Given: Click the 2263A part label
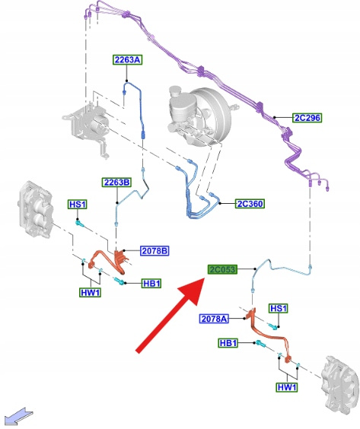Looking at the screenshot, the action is tap(128, 59).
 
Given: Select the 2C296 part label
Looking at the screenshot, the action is tap(307, 118).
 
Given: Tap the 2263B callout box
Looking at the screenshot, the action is tap(116, 183).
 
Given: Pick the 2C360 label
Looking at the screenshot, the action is tap(250, 204).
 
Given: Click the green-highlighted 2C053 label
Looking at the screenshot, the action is tap(222, 269).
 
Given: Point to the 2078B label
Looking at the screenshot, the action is tap(155, 250).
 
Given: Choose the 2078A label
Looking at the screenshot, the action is tap(214, 319).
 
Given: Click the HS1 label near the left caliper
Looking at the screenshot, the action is tap(78, 205).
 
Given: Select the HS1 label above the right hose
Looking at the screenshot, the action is tap(279, 309).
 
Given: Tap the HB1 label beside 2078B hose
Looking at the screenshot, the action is tap(151, 284).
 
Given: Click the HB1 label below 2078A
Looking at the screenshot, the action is tap(228, 343).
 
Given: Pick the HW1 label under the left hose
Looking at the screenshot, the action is tap(91, 293).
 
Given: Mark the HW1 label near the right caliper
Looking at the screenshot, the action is tap(287, 387).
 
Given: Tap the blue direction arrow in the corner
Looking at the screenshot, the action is tap(19, 415).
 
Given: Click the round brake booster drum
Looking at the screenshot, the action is tap(211, 116).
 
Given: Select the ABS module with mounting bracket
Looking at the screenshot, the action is tap(86, 129).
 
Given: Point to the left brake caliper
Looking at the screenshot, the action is tap(36, 208).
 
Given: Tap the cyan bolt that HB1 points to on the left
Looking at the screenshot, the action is tap(119, 281).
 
